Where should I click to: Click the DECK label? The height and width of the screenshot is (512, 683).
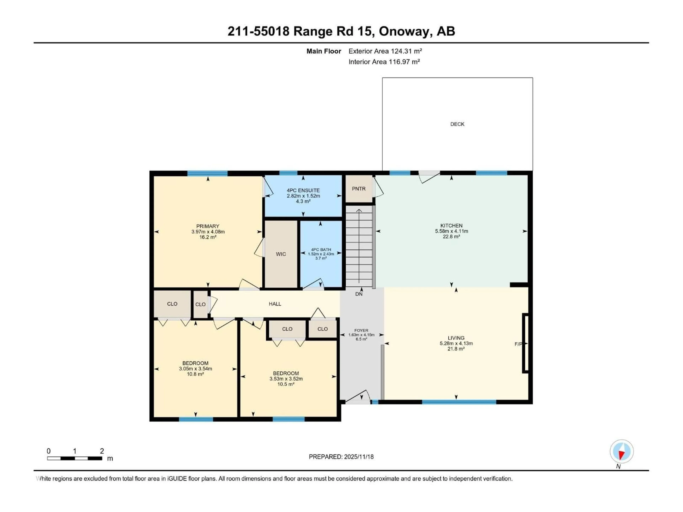pyautogui.click(x=457, y=124)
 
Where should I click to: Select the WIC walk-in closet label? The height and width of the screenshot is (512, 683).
pyautogui.click(x=281, y=254)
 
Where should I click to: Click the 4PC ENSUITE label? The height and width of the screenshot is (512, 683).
pyautogui.click(x=303, y=190)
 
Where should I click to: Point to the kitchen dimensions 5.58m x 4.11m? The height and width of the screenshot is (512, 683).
pyautogui.click(x=451, y=231)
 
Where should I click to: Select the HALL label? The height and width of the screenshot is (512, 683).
pyautogui.click(x=275, y=304)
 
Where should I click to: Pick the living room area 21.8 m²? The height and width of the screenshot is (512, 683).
pyautogui.click(x=456, y=349)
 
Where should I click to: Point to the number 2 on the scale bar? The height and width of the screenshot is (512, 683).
pyautogui.click(x=102, y=451)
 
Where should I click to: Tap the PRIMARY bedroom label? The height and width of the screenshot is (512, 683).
pyautogui.click(x=208, y=226)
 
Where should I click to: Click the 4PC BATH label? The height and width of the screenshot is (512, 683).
pyautogui.click(x=321, y=249)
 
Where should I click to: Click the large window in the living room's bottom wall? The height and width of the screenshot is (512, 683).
pyautogui.click(x=459, y=402)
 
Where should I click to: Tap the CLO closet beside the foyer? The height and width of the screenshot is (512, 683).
pyautogui.click(x=322, y=329)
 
